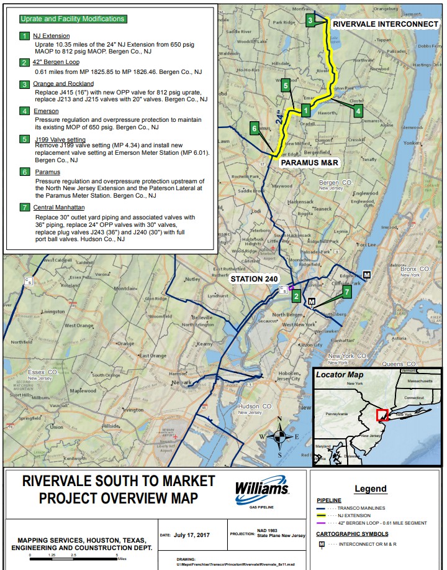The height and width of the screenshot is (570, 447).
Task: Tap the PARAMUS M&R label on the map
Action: (310, 162)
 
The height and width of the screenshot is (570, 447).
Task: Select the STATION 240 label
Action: (254, 278)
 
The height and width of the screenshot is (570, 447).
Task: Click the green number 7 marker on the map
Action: (347, 292)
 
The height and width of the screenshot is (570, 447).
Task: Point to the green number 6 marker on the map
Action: (255, 129)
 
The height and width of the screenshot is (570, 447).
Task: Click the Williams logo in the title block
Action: (261, 491)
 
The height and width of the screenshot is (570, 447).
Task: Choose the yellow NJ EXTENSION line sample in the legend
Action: (327, 515)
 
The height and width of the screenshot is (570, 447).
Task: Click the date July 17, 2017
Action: (192, 535)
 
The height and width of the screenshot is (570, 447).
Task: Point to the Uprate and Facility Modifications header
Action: (73, 19)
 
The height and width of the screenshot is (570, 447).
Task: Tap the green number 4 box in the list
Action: (24, 111)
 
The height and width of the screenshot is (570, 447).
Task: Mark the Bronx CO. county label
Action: (415, 269)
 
